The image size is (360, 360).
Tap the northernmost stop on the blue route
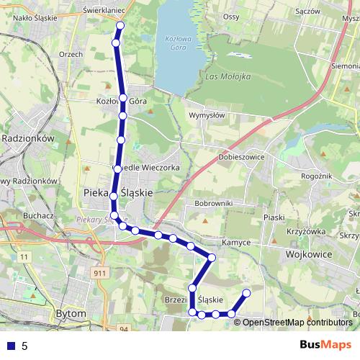tap(120, 26)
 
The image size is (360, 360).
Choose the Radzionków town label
tap(29, 138)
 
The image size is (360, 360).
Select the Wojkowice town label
tap(312, 254)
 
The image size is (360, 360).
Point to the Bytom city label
tap(71, 314)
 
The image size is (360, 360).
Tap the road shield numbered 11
tap(24, 256)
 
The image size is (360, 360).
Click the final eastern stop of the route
tap(246, 293)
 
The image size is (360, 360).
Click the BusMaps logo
tap(326, 346)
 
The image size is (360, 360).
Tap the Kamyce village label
tap(236, 243)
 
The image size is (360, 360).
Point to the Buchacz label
tap(38, 215)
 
